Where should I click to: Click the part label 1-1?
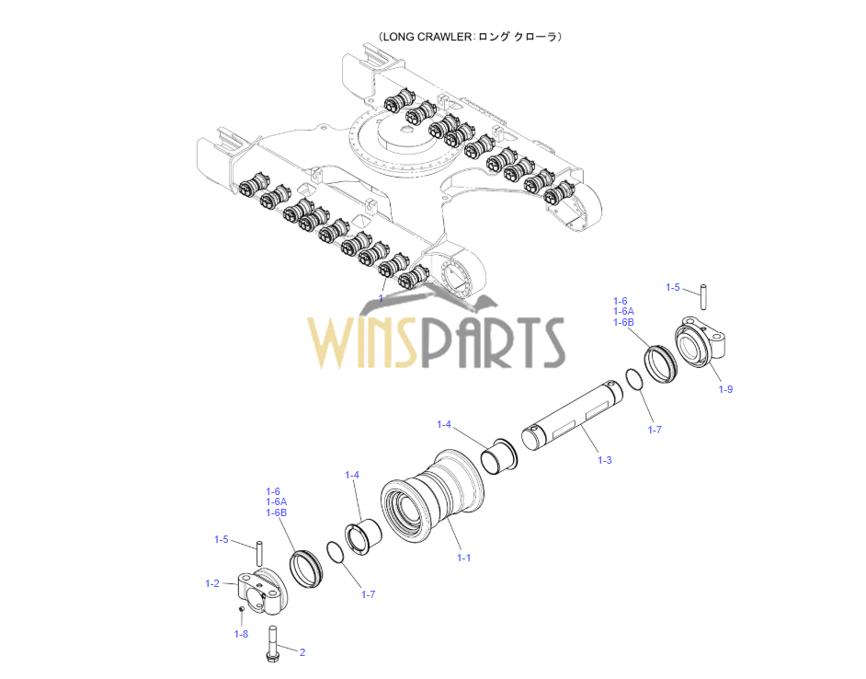click(463, 558)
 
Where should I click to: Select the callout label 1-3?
click(604, 460)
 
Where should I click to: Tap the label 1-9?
click(725, 389)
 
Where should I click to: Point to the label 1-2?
click(212, 583)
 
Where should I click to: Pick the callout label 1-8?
click(241, 634)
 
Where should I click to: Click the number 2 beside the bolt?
click(302, 653)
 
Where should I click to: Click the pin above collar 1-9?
click(703, 296)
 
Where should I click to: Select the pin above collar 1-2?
click(259, 553)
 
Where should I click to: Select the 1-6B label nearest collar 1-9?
click(623, 323)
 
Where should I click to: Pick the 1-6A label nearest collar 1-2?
click(277, 501)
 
